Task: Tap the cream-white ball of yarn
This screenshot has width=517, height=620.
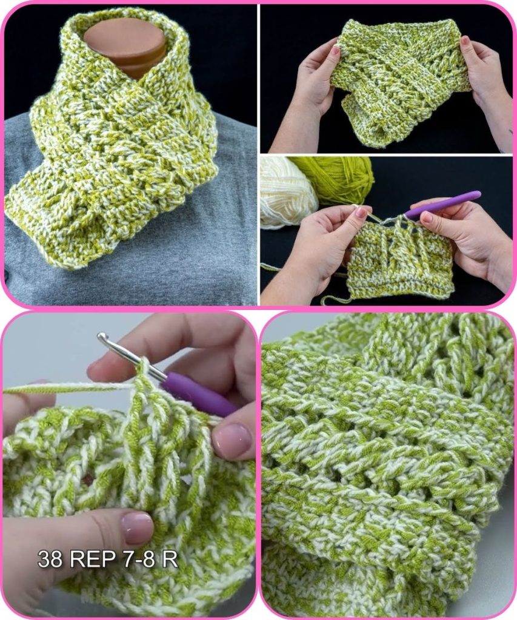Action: (287, 190)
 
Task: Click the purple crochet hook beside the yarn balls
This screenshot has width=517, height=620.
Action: (444, 204)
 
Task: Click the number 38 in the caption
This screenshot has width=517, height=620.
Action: (50, 559)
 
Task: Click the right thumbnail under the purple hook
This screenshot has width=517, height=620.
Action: (426, 217)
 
